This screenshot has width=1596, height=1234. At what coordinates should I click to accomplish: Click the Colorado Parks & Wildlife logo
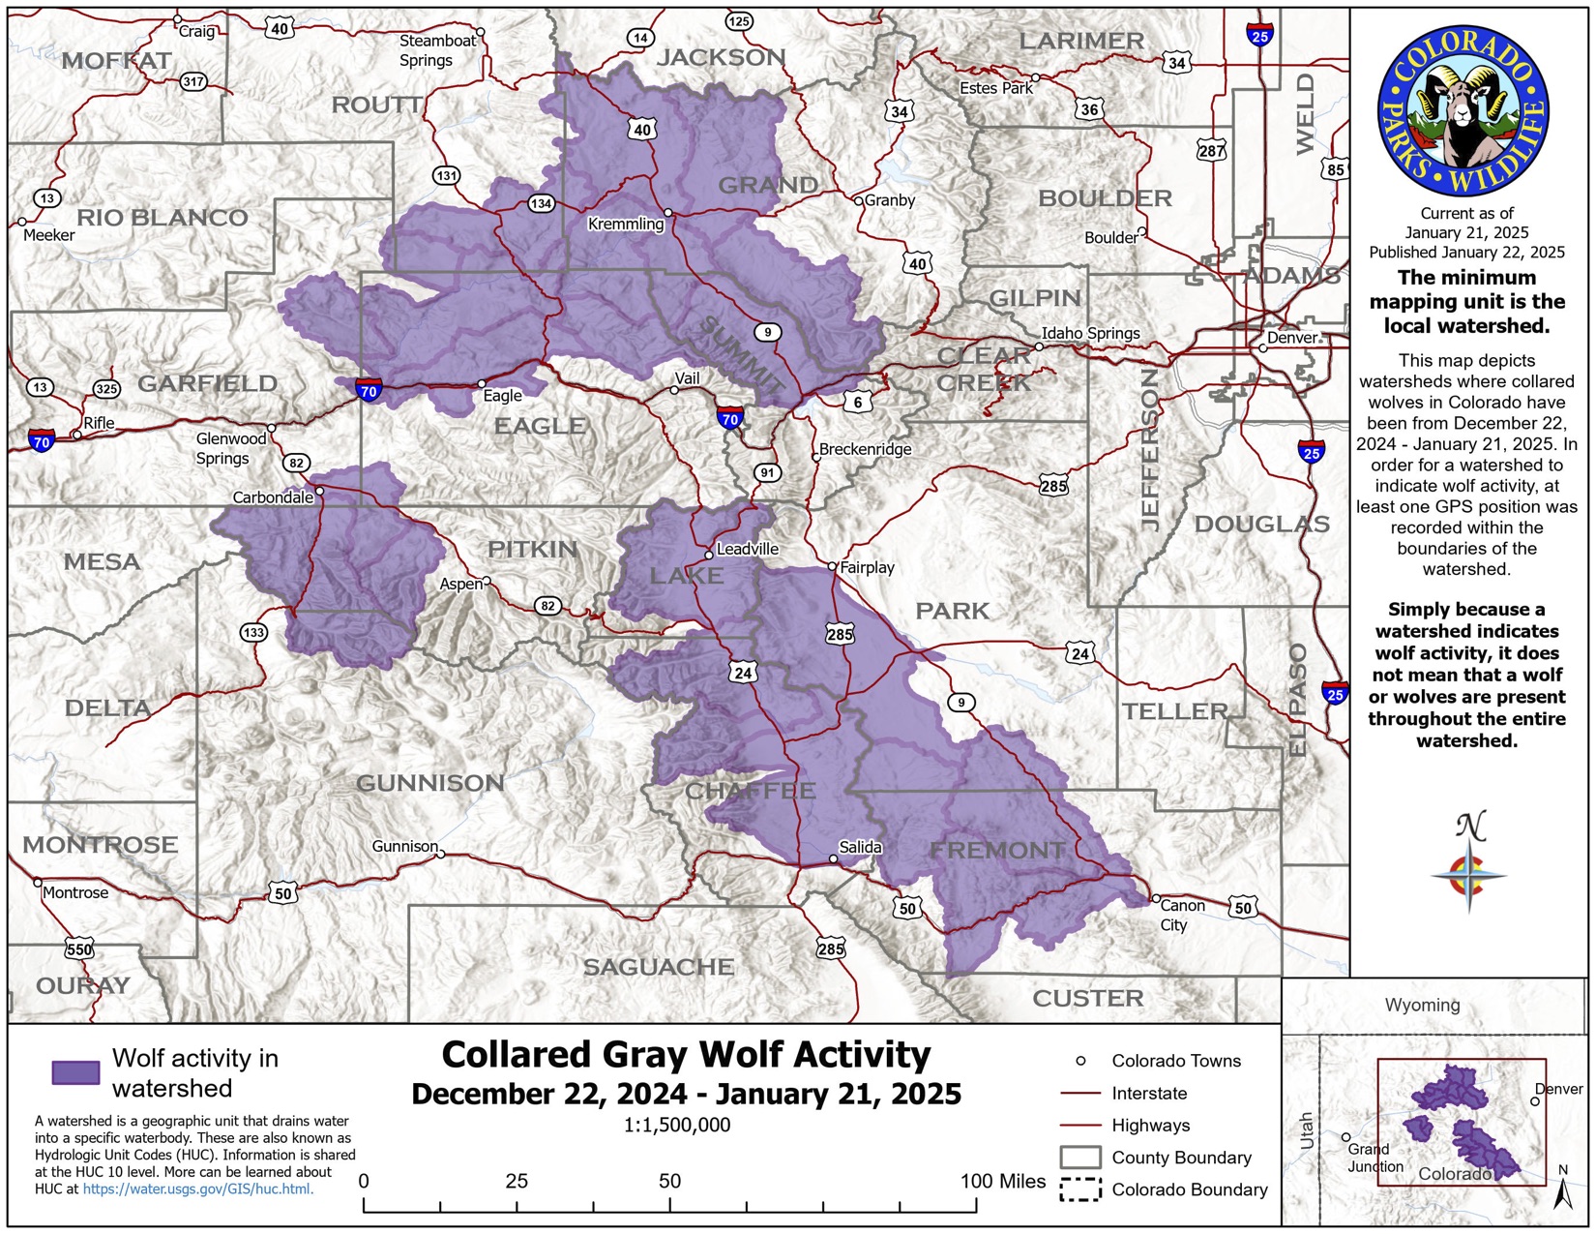(x=1463, y=111)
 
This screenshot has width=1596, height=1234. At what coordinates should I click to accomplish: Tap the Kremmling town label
(x=626, y=225)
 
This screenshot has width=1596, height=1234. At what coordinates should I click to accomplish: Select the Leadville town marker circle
(x=709, y=556)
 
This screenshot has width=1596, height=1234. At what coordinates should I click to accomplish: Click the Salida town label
(x=860, y=847)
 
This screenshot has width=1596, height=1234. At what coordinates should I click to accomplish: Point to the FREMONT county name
(x=997, y=851)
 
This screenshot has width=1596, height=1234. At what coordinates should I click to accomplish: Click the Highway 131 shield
(x=446, y=176)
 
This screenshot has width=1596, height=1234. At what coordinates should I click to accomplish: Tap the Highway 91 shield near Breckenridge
(x=767, y=472)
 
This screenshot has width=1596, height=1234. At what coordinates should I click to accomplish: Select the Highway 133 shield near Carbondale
(x=253, y=633)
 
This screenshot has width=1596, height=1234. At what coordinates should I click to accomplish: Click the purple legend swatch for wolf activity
(x=75, y=1072)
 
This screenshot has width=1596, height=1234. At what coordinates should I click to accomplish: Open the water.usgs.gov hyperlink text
(x=197, y=1189)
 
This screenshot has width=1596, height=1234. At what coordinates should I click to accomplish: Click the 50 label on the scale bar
(x=669, y=1181)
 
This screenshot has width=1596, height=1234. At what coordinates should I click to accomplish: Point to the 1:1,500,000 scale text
(x=677, y=1125)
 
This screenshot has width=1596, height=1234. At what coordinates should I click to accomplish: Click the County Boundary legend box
(x=1080, y=1158)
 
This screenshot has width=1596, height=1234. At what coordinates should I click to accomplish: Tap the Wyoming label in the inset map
(x=1422, y=1005)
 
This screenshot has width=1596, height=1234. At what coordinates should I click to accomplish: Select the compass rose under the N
(x=1468, y=875)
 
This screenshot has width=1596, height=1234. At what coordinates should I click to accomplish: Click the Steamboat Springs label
(x=437, y=50)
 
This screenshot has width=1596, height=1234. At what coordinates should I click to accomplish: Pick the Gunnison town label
(x=404, y=846)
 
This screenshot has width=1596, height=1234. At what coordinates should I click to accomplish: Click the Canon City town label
(x=1182, y=915)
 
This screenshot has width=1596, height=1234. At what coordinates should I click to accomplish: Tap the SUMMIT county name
(x=740, y=354)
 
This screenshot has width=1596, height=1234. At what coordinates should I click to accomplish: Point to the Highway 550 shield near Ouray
(x=79, y=949)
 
